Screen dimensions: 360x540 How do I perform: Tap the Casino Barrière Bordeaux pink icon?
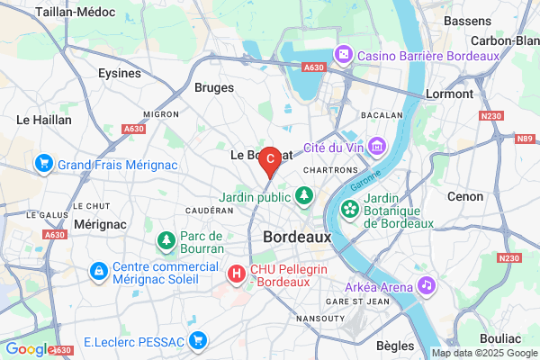344,56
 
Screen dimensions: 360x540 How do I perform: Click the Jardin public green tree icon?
304,193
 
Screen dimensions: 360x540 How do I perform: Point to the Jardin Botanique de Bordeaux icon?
348,211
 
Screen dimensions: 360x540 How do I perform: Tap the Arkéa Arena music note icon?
427,286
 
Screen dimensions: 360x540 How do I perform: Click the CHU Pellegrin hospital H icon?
237,272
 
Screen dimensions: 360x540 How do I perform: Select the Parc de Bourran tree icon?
166,240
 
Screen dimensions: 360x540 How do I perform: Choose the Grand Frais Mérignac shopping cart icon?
42,164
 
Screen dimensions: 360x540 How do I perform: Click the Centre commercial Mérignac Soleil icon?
99,270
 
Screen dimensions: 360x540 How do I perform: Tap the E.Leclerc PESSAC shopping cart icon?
199,340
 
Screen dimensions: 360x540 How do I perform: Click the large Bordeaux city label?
297,237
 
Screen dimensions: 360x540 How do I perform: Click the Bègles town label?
395,345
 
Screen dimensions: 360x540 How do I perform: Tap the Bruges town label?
214,88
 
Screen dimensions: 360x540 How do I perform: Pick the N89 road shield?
525,139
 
